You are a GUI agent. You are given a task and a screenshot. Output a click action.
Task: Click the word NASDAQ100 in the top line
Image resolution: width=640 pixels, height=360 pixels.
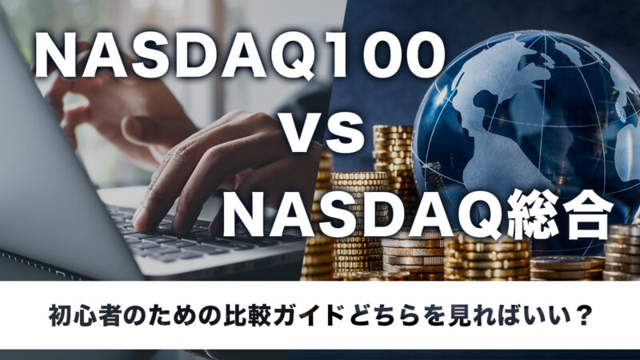click(x=239, y=57)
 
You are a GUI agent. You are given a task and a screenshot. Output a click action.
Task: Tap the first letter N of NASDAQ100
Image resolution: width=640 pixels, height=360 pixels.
click(x=56, y=57)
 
